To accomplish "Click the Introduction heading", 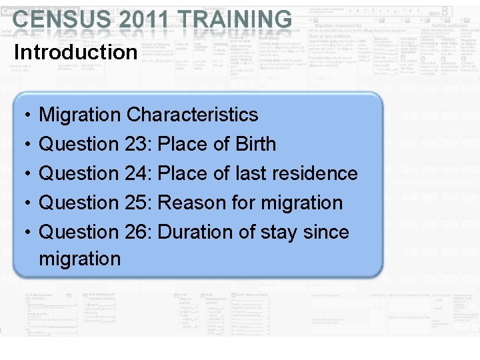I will pyautogui.click(x=75, y=52).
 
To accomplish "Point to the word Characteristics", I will pyautogui.click(x=192, y=115).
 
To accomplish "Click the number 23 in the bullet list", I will pyautogui.click(x=137, y=144).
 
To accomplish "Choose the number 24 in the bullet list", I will pyautogui.click(x=137, y=173).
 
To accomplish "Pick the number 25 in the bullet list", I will pyautogui.click(x=137, y=203).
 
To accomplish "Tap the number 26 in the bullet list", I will pyautogui.click(x=137, y=232).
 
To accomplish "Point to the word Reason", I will pyautogui.click(x=185, y=203).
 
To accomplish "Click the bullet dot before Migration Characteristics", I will pyautogui.click(x=25, y=115).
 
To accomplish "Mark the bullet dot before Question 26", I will pyautogui.click(x=25, y=233).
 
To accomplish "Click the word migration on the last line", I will pyautogui.click(x=80, y=259).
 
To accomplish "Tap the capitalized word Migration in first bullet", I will pyautogui.click(x=80, y=115).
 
